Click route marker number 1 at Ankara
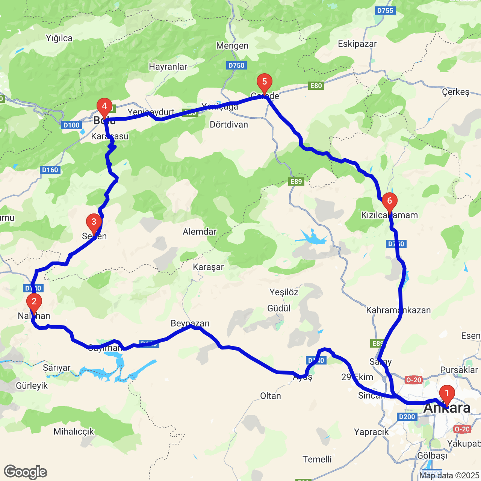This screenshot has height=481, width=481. [x=447, y=394]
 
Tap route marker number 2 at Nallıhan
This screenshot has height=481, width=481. [x=34, y=302]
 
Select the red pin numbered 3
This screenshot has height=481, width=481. [x=94, y=222]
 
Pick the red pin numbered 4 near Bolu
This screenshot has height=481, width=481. [x=104, y=106]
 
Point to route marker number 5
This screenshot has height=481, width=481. [x=265, y=82]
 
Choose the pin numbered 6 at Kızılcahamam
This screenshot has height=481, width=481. [x=390, y=201]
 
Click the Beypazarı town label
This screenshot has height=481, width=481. [x=190, y=324]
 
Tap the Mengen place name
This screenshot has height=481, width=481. [x=232, y=46]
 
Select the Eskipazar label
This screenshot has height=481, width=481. [x=357, y=44]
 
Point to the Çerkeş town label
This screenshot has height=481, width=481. [x=456, y=92]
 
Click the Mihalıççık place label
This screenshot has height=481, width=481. [x=74, y=432]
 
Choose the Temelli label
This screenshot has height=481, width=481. [x=317, y=459]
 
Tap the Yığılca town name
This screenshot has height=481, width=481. [x=59, y=38]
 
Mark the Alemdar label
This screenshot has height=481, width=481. [x=200, y=231]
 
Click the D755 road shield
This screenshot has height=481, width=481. [x=385, y=11]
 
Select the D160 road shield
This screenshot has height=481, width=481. [x=50, y=170]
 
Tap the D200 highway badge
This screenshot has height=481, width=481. [x=407, y=416]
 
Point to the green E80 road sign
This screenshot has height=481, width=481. [x=316, y=86]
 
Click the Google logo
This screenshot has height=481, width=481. [x=25, y=472]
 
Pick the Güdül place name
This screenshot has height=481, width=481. [x=279, y=309]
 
